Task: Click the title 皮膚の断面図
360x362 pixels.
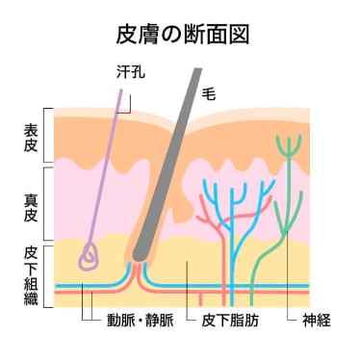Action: pyautogui.click(x=183, y=35)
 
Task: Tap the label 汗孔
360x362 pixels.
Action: pyautogui.click(x=131, y=72)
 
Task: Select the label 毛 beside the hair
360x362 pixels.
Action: pyautogui.click(x=209, y=93)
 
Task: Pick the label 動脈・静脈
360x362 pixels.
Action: pyautogui.click(x=141, y=321)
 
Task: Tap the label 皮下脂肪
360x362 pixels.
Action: pyautogui.click(x=230, y=321)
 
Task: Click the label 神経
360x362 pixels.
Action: pyautogui.click(x=317, y=321)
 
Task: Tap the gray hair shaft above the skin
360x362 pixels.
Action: pyautogui.click(x=190, y=93)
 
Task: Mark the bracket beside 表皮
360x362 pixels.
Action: pyautogui.click(x=45, y=135)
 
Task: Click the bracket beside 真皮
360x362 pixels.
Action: pyautogui.click(x=45, y=204)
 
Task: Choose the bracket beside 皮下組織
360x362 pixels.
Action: pyautogui.click(x=45, y=276)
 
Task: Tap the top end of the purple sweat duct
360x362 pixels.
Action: pyautogui.click(x=121, y=90)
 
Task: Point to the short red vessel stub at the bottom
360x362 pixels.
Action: pyautogui.click(x=201, y=299)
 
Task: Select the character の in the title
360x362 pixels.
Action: pyautogui.click(x=171, y=35)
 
